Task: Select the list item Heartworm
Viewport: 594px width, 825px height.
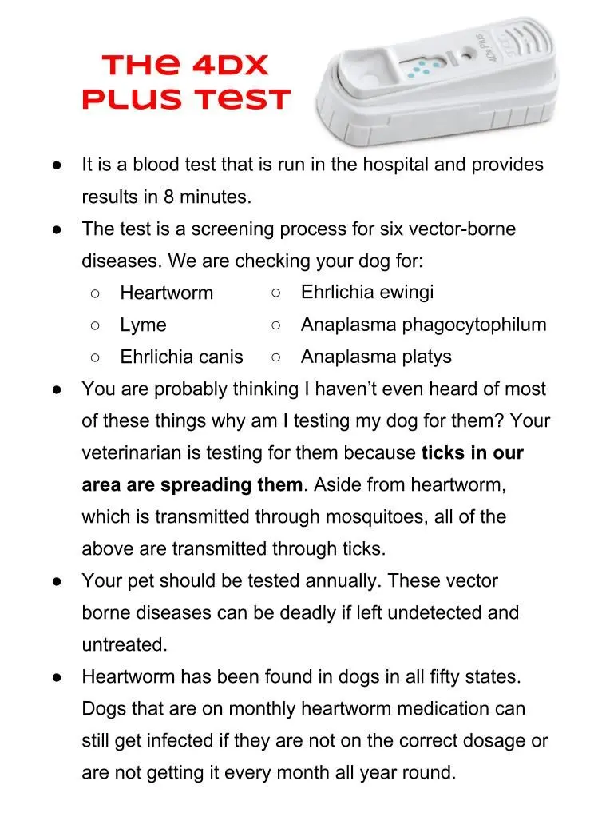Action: click(166, 293)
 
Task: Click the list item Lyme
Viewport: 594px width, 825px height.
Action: click(143, 325)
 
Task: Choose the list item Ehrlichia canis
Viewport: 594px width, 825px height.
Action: click(181, 357)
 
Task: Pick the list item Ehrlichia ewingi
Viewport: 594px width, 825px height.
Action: click(366, 292)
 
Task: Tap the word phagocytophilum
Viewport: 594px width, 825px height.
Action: click(474, 325)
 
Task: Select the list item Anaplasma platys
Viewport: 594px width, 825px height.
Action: click(375, 357)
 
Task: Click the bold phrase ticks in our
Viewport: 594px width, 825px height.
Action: click(472, 453)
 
